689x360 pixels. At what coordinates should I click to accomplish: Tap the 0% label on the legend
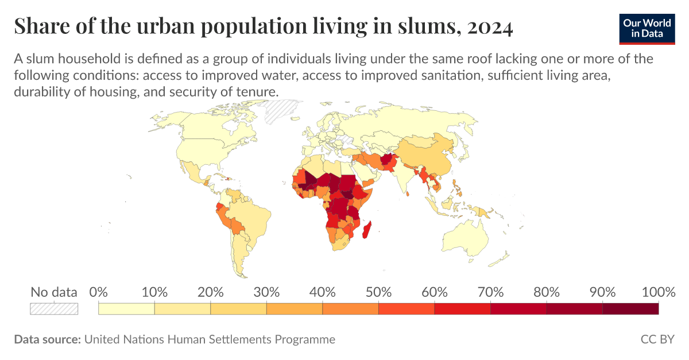pos(99,292)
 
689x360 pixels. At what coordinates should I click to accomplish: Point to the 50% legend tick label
pos(378,292)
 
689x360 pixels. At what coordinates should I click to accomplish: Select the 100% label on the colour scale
pos(658,292)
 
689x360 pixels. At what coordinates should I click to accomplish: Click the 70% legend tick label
pos(490,292)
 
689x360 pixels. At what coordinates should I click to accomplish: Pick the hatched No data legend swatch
pos(54,308)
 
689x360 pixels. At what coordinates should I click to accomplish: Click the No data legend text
pos(54,292)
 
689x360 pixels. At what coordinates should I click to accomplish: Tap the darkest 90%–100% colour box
pos(630,308)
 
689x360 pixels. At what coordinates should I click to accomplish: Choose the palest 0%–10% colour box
pos(126,308)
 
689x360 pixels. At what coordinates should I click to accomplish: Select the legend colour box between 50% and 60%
pos(407,308)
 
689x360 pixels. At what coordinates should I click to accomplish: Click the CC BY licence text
pos(657,339)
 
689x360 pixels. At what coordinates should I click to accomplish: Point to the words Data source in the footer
pos(47,339)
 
